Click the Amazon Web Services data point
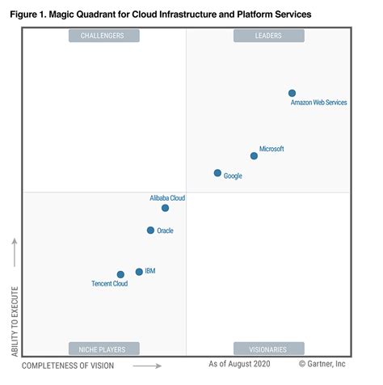point(292,93)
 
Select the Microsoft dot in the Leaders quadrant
point(254,155)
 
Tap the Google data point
point(217,173)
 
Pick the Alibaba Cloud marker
point(165,208)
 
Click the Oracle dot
point(150,231)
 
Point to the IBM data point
point(139,272)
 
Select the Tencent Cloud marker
point(120,275)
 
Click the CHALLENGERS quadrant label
point(104,36)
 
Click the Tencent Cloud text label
point(109,285)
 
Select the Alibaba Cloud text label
point(167,197)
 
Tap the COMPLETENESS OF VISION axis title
point(68,366)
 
